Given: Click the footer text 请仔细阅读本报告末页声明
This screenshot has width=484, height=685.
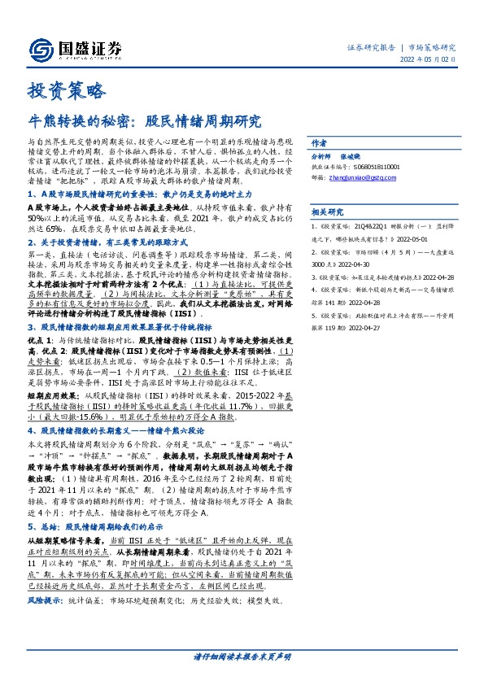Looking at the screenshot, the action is pyautogui.click(x=242, y=656).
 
